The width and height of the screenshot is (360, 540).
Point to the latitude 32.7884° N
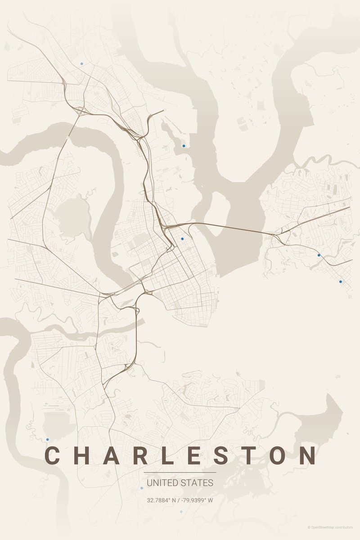161,500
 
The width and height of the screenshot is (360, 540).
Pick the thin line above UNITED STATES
180,472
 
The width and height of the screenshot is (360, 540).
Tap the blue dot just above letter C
47,439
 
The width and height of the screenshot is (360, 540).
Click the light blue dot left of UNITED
141,488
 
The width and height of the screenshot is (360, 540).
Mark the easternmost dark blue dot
340,282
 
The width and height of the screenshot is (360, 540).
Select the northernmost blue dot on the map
81,63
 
